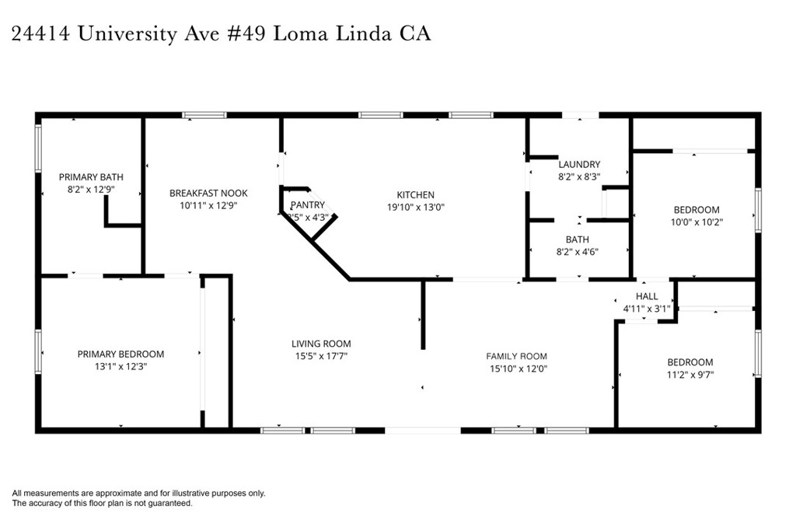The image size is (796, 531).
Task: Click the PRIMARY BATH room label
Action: (91, 177)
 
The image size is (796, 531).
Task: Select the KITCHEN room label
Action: (416, 194)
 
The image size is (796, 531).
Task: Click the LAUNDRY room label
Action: (579, 164)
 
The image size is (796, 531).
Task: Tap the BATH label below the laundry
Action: (578, 239)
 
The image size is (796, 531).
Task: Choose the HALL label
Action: (647, 296)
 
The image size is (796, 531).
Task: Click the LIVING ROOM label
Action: (321, 344)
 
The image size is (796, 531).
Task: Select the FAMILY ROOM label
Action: (517, 356)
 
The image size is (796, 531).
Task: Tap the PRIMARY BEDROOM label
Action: (120, 354)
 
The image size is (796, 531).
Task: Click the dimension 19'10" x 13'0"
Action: (416, 207)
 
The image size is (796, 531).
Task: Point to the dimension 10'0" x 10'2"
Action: (696, 222)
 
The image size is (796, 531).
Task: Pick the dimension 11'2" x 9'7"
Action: (690, 375)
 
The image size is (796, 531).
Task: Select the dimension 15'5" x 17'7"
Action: (321, 356)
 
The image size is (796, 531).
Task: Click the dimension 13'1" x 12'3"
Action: (120, 366)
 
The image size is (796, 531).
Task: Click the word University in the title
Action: (131, 34)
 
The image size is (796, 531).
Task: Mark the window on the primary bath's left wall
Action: (38, 148)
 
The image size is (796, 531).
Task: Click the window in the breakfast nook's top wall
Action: (204, 115)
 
